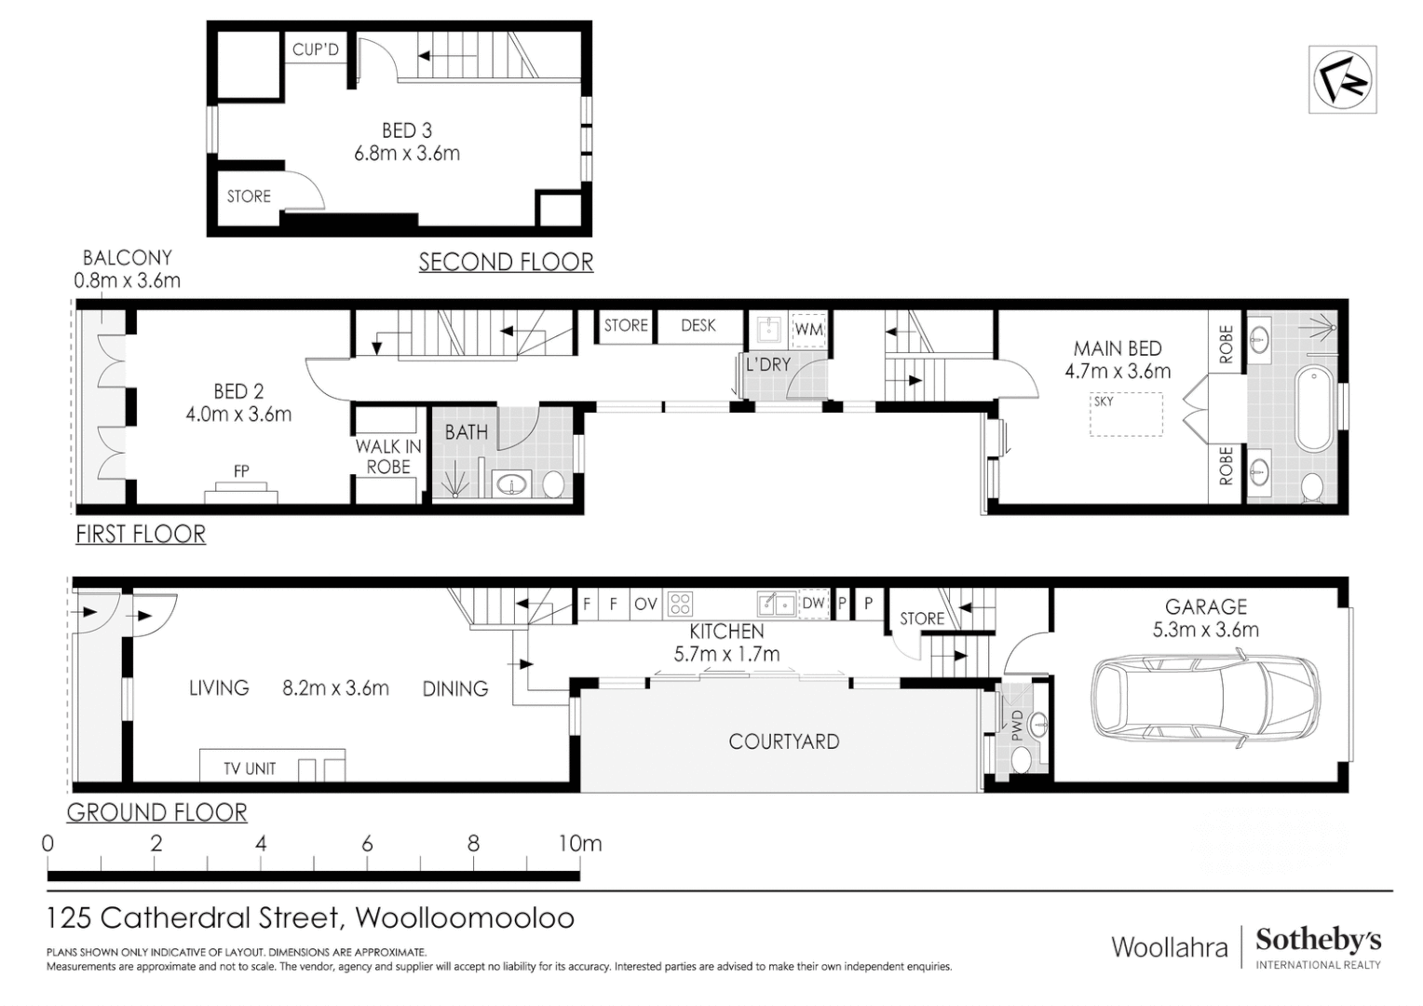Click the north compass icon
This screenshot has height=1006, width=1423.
click(x=1342, y=80)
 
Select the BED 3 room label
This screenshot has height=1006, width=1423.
click(x=407, y=131)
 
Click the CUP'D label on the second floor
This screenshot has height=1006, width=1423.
click(x=316, y=49)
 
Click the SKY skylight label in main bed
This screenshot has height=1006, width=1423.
click(x=1104, y=401)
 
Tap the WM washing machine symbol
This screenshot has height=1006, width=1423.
click(x=808, y=330)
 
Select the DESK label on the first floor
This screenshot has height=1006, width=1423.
click(x=698, y=325)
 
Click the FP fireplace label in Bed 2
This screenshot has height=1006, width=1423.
click(x=241, y=471)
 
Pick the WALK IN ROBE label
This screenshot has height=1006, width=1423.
click(x=388, y=456)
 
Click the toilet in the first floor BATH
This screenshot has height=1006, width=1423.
click(x=553, y=484)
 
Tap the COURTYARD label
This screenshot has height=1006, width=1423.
click(x=783, y=741)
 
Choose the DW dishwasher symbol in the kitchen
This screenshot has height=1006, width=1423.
click(x=813, y=603)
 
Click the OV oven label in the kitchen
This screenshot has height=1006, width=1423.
click(x=645, y=604)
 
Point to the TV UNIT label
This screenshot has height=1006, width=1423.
click(x=250, y=768)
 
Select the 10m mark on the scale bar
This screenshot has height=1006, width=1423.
click(x=580, y=844)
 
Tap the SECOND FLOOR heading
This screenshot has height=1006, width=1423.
click(x=506, y=263)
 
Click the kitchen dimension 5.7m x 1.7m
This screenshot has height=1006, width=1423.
click(x=726, y=654)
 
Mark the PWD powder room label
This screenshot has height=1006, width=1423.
click(x=1017, y=725)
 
